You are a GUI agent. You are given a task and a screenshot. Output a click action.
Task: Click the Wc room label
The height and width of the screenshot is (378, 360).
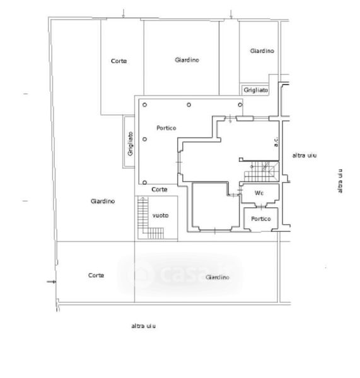coord(259,193)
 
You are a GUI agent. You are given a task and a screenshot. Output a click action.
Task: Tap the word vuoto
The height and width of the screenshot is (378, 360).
coord(161,215)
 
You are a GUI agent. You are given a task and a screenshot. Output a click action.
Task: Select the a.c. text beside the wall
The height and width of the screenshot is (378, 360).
coord(276,142)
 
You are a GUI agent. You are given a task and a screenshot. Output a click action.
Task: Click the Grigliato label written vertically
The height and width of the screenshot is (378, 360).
coord(131,144)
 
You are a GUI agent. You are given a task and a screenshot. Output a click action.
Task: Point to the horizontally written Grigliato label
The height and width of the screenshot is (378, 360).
coord(256,90)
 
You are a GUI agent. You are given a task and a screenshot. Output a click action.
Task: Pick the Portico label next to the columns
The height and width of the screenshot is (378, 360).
coord(166,128)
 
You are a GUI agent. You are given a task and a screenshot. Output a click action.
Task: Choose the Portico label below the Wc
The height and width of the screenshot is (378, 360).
coord(261,219)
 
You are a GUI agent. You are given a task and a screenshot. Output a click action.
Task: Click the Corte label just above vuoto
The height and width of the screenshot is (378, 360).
coord(160,190)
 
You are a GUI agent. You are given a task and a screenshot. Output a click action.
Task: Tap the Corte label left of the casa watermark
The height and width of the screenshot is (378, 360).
coord(96,275)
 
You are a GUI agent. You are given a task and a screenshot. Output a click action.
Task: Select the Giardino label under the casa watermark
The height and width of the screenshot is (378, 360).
coord(218,277)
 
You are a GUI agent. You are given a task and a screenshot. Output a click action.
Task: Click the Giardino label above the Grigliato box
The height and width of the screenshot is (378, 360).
coord(262,51)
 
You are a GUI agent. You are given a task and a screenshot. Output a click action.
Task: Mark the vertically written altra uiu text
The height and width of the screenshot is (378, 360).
coord(340,181)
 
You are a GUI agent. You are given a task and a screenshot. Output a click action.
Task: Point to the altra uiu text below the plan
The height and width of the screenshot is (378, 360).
coord(143,326)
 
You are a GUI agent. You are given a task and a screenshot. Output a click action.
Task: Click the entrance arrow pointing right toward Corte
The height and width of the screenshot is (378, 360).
coord(51,282)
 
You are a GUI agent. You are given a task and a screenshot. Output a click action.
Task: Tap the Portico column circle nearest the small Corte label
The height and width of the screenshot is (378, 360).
coord(144,183)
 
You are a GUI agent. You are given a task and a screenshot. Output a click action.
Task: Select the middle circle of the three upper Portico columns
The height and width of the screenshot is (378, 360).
coord(189,105)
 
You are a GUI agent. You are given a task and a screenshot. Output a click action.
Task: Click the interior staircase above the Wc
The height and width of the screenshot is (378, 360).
coord(261,171)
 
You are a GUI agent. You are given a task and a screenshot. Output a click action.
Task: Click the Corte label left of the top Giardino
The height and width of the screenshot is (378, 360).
coord(119,61)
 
